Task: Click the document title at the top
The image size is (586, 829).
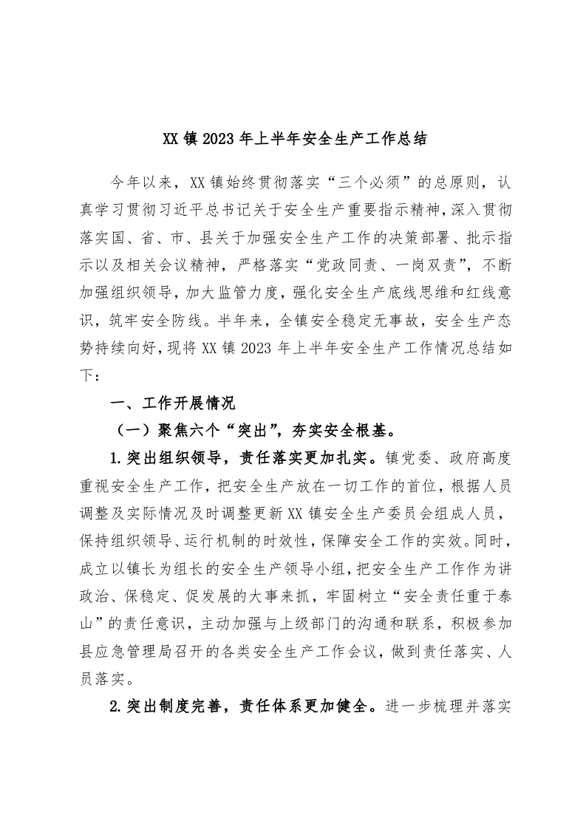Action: (x=293, y=139)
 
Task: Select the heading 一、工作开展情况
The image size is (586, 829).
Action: (x=171, y=403)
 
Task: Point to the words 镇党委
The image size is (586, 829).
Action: (x=407, y=455)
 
